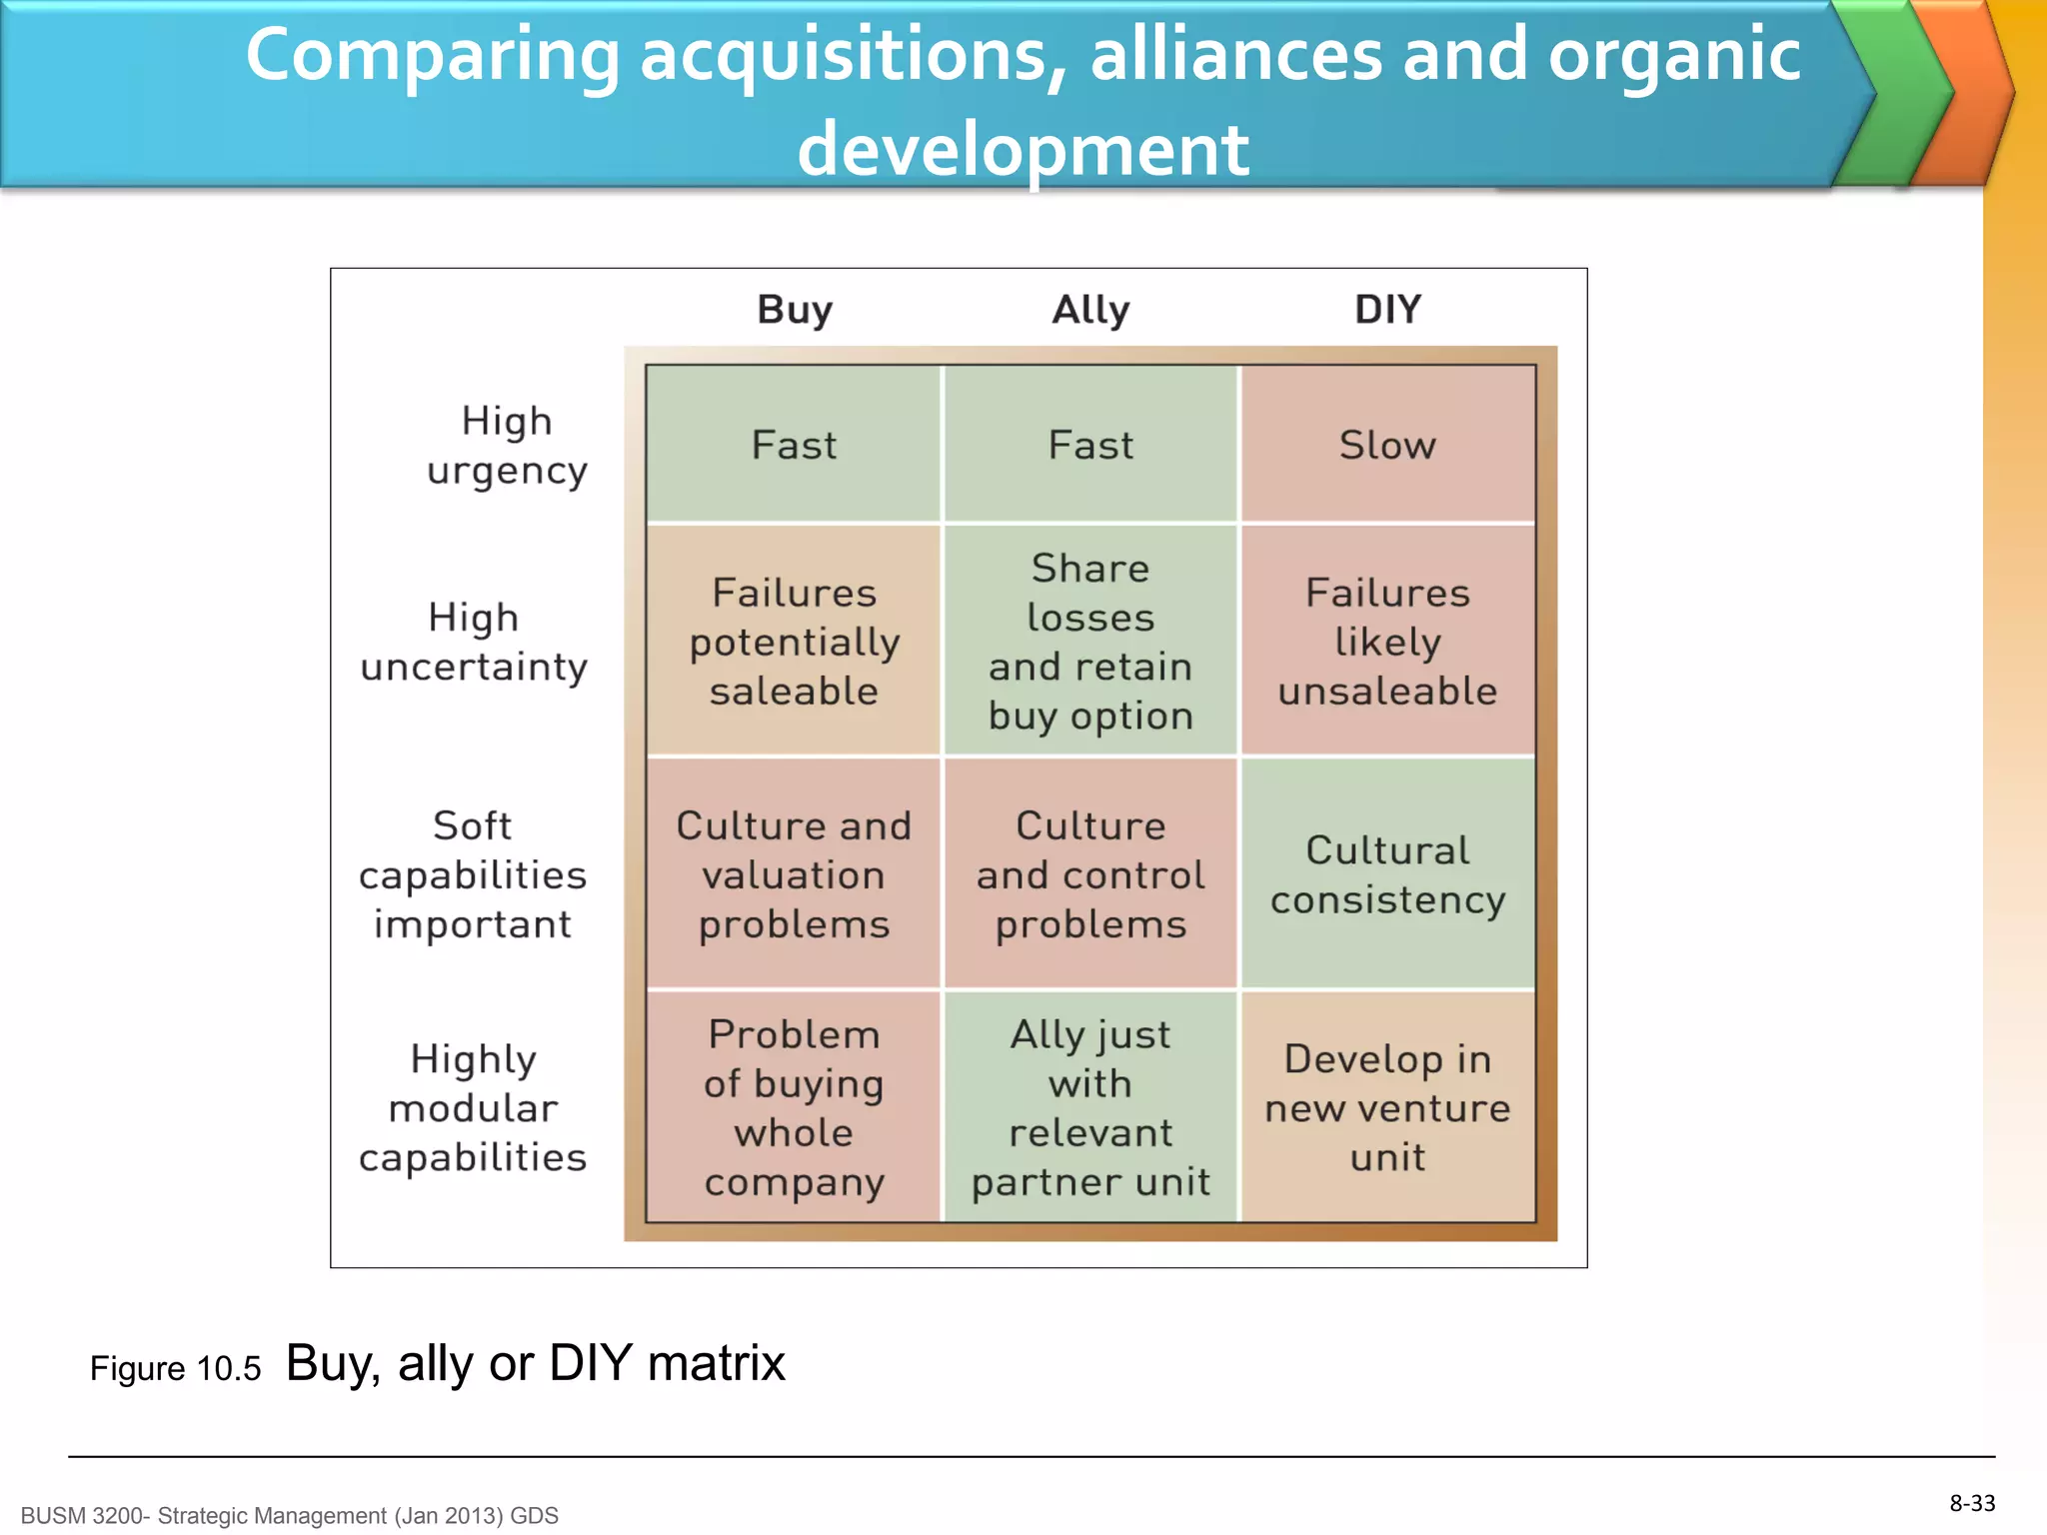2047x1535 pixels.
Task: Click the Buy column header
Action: [795, 310]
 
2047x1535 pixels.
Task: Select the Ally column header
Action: [1090, 310]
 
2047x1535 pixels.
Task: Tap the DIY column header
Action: [1387, 310]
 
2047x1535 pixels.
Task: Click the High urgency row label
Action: [507, 446]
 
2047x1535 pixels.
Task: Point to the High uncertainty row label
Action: [474, 642]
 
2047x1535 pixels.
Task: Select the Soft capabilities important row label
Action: [473, 874]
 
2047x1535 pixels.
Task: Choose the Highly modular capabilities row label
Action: [473, 1107]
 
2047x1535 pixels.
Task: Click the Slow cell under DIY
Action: [1387, 445]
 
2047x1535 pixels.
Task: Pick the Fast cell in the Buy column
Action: [794, 445]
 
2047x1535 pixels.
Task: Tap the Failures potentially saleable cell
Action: [794, 642]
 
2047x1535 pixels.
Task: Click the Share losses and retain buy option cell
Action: [1090, 642]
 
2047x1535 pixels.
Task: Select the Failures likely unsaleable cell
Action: [1387, 642]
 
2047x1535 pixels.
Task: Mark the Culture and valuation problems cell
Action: [794, 874]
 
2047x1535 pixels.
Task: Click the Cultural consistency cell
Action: [1387, 874]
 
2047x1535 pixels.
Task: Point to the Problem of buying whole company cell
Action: [794, 1107]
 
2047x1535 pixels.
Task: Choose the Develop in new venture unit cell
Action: [1387, 1107]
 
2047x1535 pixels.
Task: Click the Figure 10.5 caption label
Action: [175, 1368]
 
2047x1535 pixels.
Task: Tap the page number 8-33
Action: [1972, 1503]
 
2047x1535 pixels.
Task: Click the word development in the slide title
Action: [1023, 150]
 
